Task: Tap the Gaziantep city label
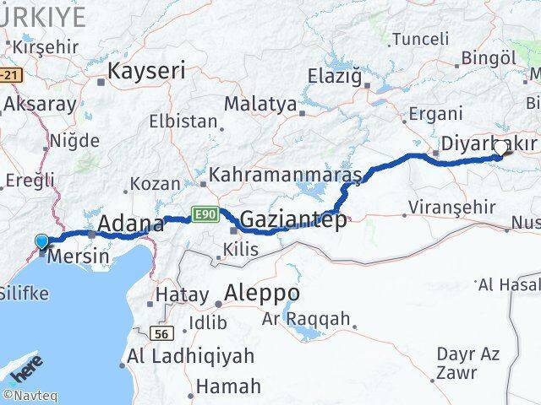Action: coord(293,221)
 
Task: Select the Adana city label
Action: coord(131,224)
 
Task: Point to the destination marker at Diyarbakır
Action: coord(500,148)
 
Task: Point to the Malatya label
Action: coord(260,105)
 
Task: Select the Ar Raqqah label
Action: coord(306,319)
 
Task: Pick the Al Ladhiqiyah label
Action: coord(191,357)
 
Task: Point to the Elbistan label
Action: coord(183,121)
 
